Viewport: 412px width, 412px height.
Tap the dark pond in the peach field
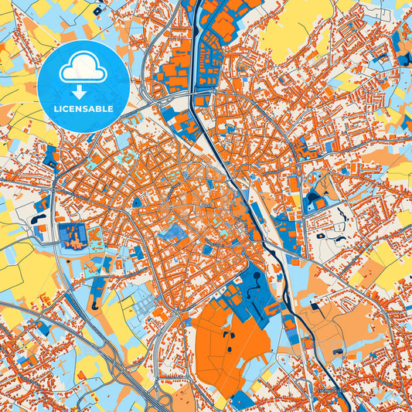pos(339,352)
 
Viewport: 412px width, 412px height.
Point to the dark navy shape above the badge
pos(97,11)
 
